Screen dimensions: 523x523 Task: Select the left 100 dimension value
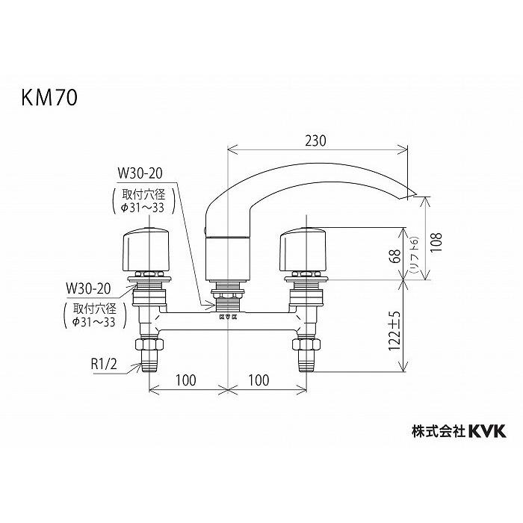click(x=186, y=380)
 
